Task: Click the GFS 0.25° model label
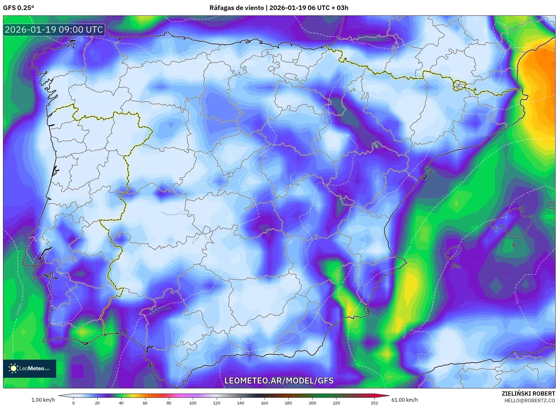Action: [18, 8]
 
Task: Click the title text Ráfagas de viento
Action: [236, 8]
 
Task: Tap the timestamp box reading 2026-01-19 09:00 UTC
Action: [54, 30]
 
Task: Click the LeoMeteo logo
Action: [30, 368]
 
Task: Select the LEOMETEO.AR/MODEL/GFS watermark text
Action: [279, 381]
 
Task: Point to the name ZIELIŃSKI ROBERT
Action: [528, 394]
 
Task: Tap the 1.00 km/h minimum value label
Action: [43, 400]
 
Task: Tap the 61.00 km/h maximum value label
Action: [404, 400]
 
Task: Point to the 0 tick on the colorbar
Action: [73, 403]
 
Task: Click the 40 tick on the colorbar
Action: [121, 403]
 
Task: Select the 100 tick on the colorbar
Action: [193, 403]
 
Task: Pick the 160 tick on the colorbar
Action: [264, 403]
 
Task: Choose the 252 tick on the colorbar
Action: [375, 403]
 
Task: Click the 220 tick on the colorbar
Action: [336, 403]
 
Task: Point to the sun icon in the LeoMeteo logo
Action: [13, 368]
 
